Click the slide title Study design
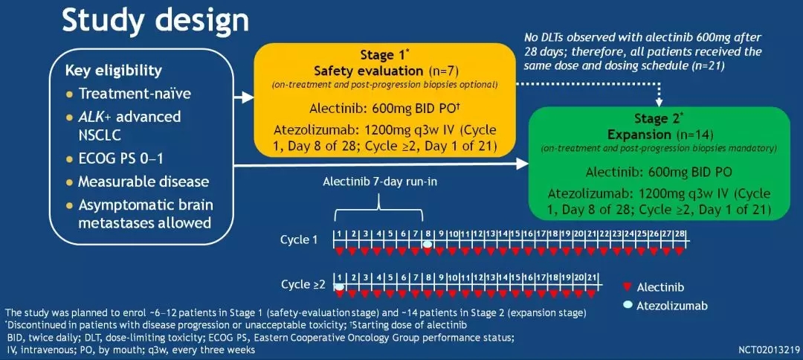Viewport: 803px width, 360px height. click(x=155, y=22)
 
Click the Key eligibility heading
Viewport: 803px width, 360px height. click(x=113, y=71)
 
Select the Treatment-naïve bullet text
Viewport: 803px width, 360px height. click(x=135, y=94)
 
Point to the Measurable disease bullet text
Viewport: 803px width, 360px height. click(x=143, y=181)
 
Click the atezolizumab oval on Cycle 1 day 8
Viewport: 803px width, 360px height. click(x=428, y=244)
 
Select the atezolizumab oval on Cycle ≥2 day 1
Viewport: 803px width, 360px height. click(x=339, y=286)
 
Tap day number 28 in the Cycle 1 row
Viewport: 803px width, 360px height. click(x=679, y=234)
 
